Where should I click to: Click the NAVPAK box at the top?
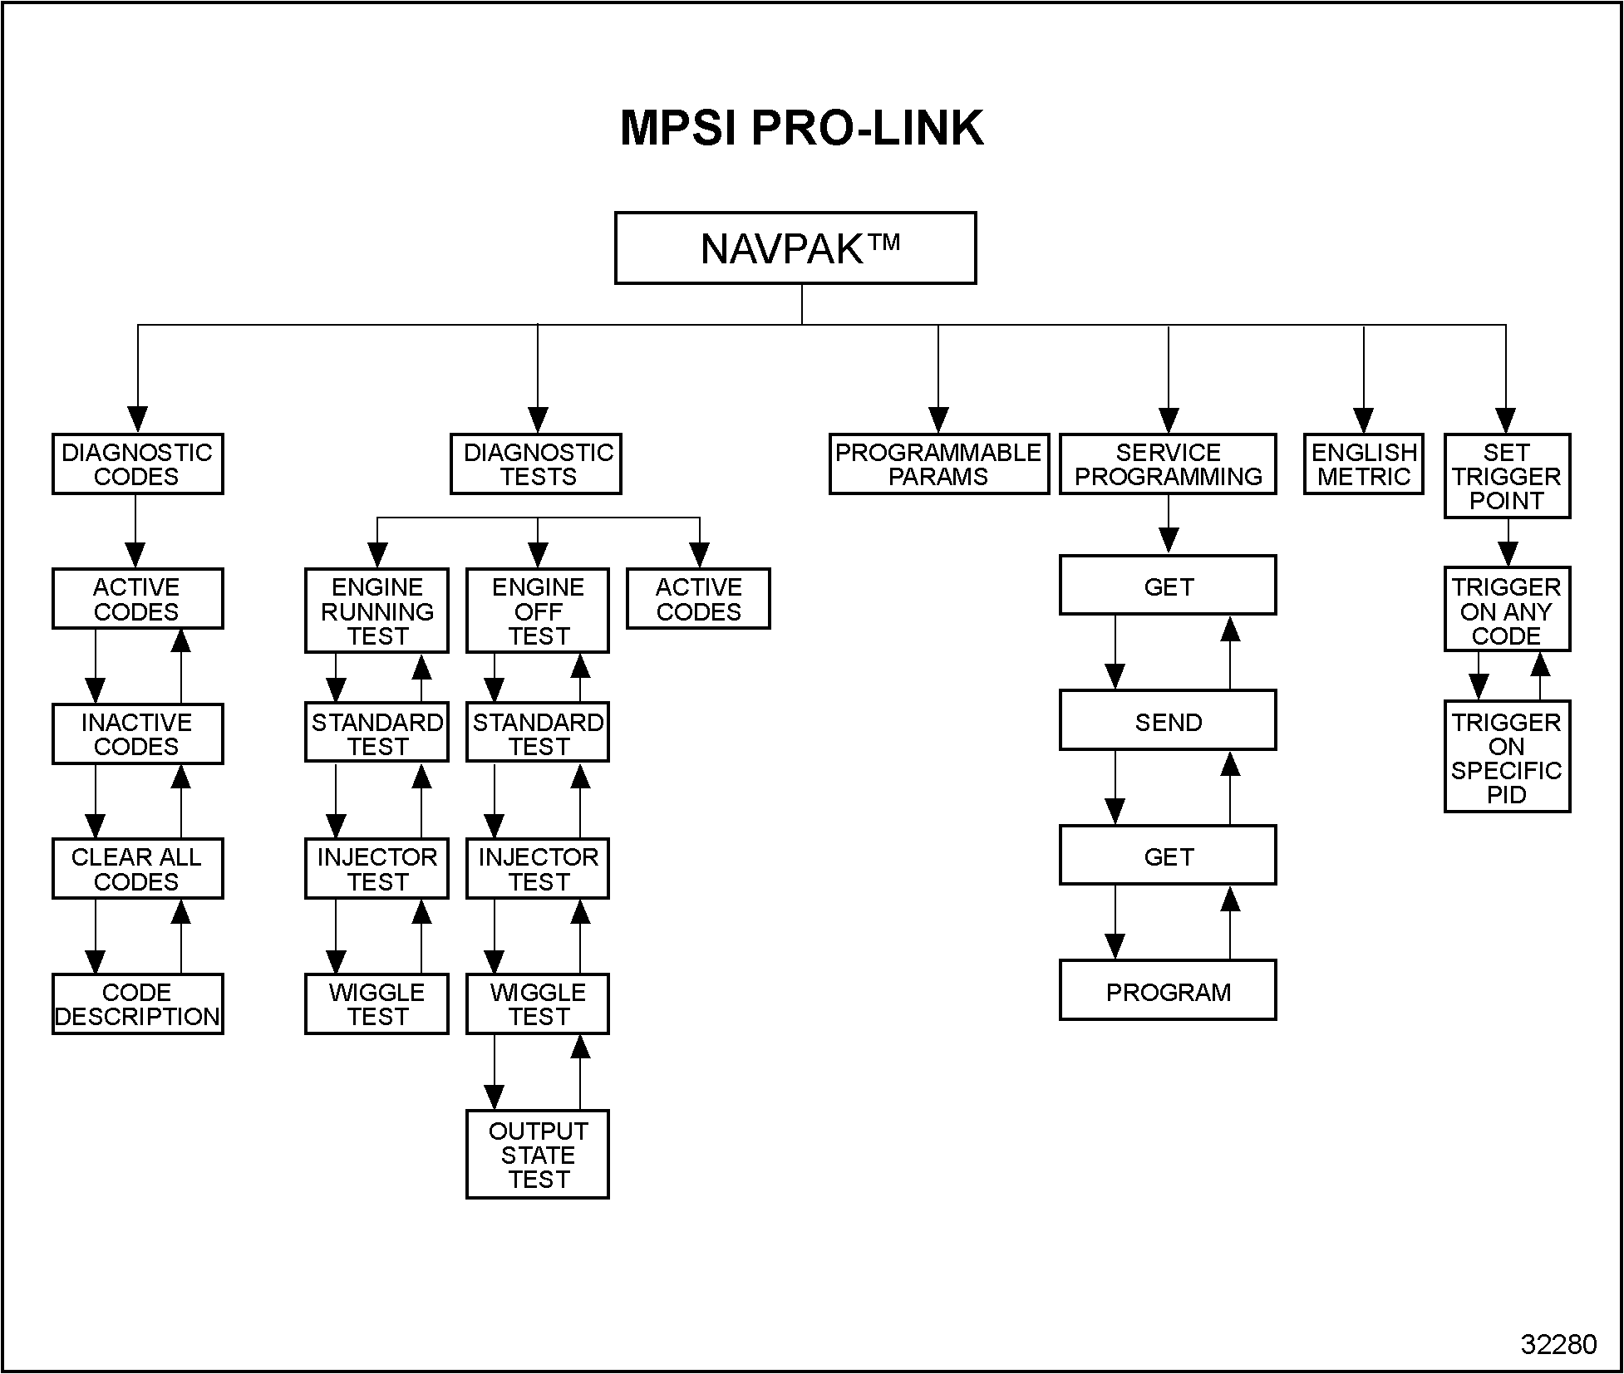pos(795,248)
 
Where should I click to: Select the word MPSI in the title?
pos(678,129)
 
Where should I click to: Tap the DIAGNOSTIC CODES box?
pos(137,464)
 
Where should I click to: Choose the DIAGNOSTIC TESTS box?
pos(536,464)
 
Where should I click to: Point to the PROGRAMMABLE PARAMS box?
pos(938,464)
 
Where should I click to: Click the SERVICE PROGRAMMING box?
pos(1168,464)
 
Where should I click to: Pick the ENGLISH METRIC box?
pos(1364,464)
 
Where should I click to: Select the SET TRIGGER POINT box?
pos(1507,476)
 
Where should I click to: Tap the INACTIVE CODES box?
pos(137,734)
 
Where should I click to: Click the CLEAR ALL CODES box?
pos(137,869)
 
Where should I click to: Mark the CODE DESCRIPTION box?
pos(137,1004)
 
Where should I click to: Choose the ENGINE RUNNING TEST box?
pos(376,611)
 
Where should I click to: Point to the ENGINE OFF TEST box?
pos(538,611)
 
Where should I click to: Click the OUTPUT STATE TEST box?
pos(538,1155)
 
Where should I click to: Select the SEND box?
pos(1168,722)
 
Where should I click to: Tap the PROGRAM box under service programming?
pos(1168,992)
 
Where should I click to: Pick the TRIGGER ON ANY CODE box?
pos(1507,611)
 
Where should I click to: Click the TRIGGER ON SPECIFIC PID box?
pos(1507,758)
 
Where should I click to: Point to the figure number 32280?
pos(1558,1344)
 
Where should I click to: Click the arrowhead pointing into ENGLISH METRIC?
pos(1364,420)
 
